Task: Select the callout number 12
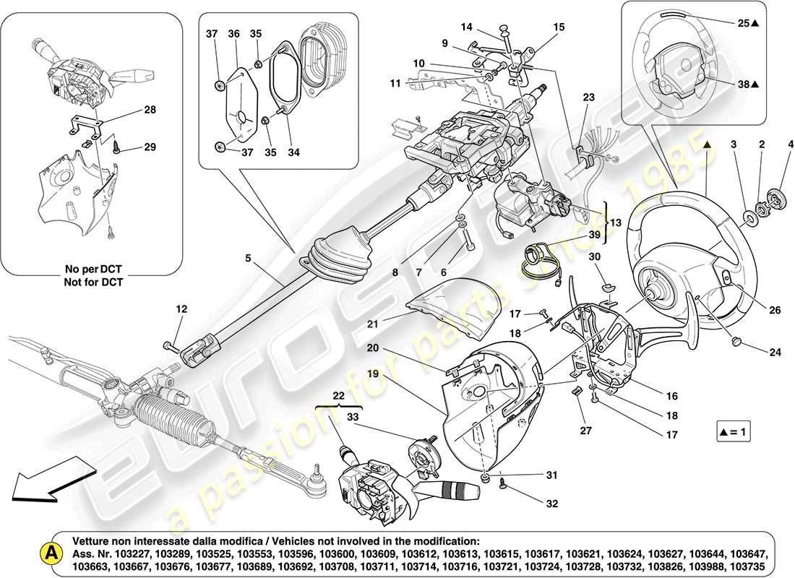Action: (x=181, y=309)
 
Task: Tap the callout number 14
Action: (x=467, y=27)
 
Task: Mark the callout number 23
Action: (x=589, y=97)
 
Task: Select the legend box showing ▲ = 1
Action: (x=734, y=433)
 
